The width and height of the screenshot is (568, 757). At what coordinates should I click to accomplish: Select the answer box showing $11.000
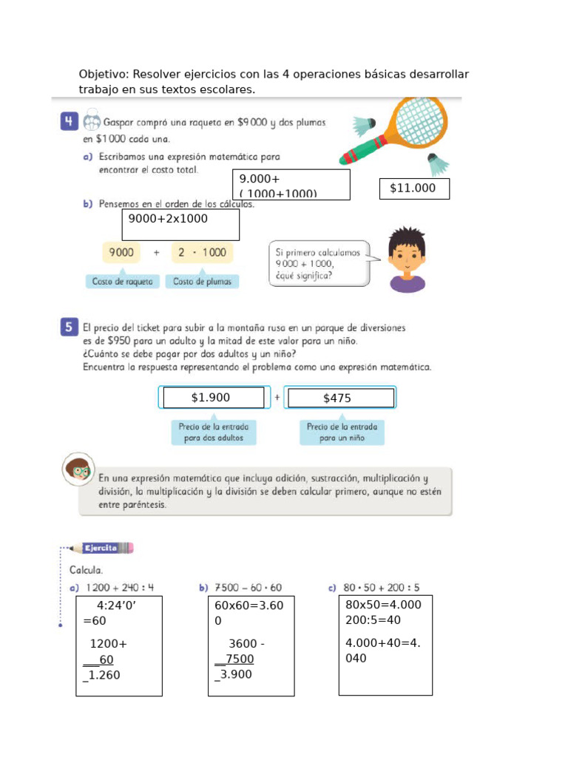point(414,189)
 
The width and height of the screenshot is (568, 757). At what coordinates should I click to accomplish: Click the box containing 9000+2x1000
point(181,225)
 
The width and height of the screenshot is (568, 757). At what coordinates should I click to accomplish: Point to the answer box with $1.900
point(214,398)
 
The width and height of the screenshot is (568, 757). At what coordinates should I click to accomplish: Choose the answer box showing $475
point(341,398)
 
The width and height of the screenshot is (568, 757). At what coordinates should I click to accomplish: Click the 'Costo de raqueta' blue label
point(123,282)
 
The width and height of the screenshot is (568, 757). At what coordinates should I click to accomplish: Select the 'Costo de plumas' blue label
point(202,282)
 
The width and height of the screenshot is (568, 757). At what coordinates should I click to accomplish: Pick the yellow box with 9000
point(122,253)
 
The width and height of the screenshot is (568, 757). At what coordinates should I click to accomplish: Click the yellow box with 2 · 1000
point(202,253)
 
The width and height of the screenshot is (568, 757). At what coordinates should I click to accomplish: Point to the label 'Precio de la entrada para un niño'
point(342,432)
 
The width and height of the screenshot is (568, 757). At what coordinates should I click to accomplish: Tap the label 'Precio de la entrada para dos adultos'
point(214,432)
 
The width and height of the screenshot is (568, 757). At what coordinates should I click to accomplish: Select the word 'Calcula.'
point(86,570)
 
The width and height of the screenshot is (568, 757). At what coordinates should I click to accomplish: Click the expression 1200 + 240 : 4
point(119,588)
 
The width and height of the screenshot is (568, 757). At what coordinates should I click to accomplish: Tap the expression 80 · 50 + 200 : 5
point(380,588)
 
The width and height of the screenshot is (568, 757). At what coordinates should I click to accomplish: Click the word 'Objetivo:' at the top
point(103,75)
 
